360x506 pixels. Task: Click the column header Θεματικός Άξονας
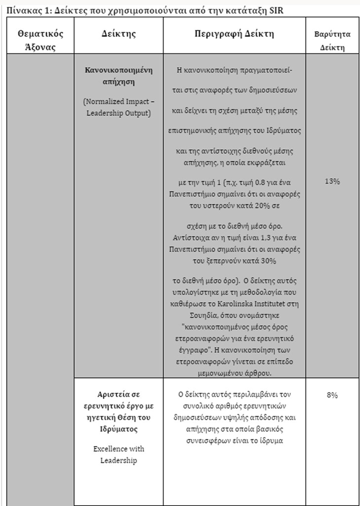pyautogui.click(x=40, y=40)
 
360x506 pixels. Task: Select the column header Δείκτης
pyautogui.click(x=119, y=34)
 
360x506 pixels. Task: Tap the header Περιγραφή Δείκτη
pyautogui.click(x=234, y=34)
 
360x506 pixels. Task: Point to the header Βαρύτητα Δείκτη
pyautogui.click(x=332, y=41)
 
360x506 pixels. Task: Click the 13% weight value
pyautogui.click(x=332, y=181)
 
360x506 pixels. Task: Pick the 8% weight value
pyautogui.click(x=332, y=395)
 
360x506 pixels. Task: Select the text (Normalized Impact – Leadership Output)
pyautogui.click(x=119, y=107)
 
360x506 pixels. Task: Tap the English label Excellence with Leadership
pyautogui.click(x=119, y=455)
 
